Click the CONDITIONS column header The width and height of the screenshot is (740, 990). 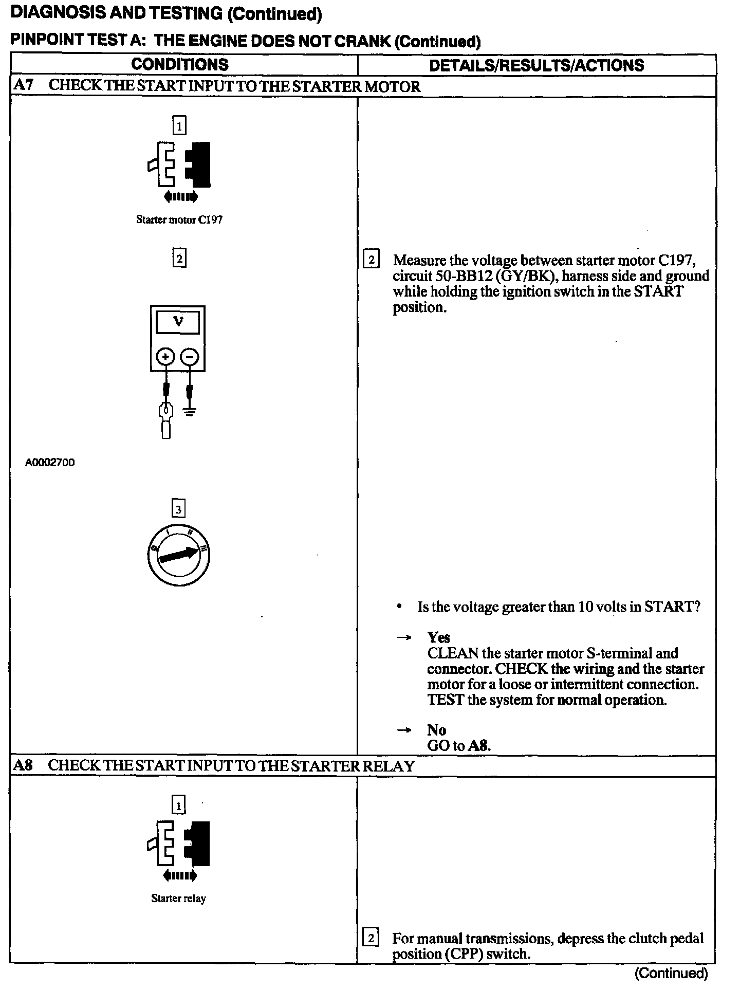180,65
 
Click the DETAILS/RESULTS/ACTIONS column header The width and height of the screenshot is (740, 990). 536,65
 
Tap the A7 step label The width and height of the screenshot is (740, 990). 23,86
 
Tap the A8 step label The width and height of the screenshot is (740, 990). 23,766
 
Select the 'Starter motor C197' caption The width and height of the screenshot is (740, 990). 179,219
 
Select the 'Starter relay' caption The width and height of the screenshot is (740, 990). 178,899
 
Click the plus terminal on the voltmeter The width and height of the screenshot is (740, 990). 165,356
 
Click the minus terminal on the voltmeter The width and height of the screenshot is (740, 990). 190,356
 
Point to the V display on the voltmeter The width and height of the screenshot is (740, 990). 178,322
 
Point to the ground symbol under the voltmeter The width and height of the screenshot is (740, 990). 190,411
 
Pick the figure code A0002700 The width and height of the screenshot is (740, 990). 50,462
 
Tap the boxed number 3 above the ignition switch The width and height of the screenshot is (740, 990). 178,509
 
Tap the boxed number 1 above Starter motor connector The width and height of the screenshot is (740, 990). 179,125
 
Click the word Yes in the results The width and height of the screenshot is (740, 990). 438,637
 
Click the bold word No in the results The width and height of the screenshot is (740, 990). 436,730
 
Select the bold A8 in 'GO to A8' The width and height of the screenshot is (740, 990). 479,746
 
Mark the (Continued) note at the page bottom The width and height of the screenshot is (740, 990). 671,973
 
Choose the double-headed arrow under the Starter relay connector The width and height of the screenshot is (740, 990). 179,875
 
